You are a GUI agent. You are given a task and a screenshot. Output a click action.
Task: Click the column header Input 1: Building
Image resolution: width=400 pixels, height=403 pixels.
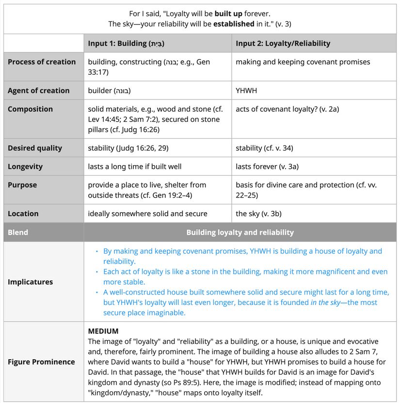(126, 43)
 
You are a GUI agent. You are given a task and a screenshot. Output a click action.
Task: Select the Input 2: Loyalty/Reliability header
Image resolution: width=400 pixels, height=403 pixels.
(283, 43)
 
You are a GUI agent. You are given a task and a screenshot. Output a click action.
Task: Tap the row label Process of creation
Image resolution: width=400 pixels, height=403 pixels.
(42, 62)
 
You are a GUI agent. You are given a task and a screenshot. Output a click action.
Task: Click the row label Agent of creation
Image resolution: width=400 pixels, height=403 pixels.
(38, 90)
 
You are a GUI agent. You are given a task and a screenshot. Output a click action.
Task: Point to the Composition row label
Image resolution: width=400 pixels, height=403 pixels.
(30, 109)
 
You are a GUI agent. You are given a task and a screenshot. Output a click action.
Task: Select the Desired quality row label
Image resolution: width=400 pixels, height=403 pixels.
(35, 148)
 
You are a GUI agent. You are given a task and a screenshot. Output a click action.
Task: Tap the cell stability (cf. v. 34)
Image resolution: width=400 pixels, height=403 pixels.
(264, 148)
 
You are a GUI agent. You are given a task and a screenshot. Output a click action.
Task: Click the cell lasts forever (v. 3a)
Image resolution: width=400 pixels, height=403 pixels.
(267, 166)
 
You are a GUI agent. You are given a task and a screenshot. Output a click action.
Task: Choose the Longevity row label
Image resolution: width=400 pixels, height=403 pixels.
(25, 166)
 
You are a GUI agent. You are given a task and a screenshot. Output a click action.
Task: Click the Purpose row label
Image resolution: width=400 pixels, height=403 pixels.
(22, 185)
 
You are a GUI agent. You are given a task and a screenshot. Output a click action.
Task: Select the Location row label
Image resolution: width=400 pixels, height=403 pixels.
(23, 213)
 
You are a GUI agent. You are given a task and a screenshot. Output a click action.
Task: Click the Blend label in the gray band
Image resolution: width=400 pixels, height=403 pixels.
(18, 232)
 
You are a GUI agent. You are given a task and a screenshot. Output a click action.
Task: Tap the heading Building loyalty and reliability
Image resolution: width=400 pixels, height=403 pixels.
(240, 232)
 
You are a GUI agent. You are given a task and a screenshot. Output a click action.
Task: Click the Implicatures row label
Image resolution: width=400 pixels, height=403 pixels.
(31, 282)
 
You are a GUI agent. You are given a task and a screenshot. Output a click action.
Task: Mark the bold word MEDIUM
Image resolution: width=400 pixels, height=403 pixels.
(103, 331)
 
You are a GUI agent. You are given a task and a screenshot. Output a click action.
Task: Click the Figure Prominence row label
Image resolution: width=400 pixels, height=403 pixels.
(41, 362)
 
